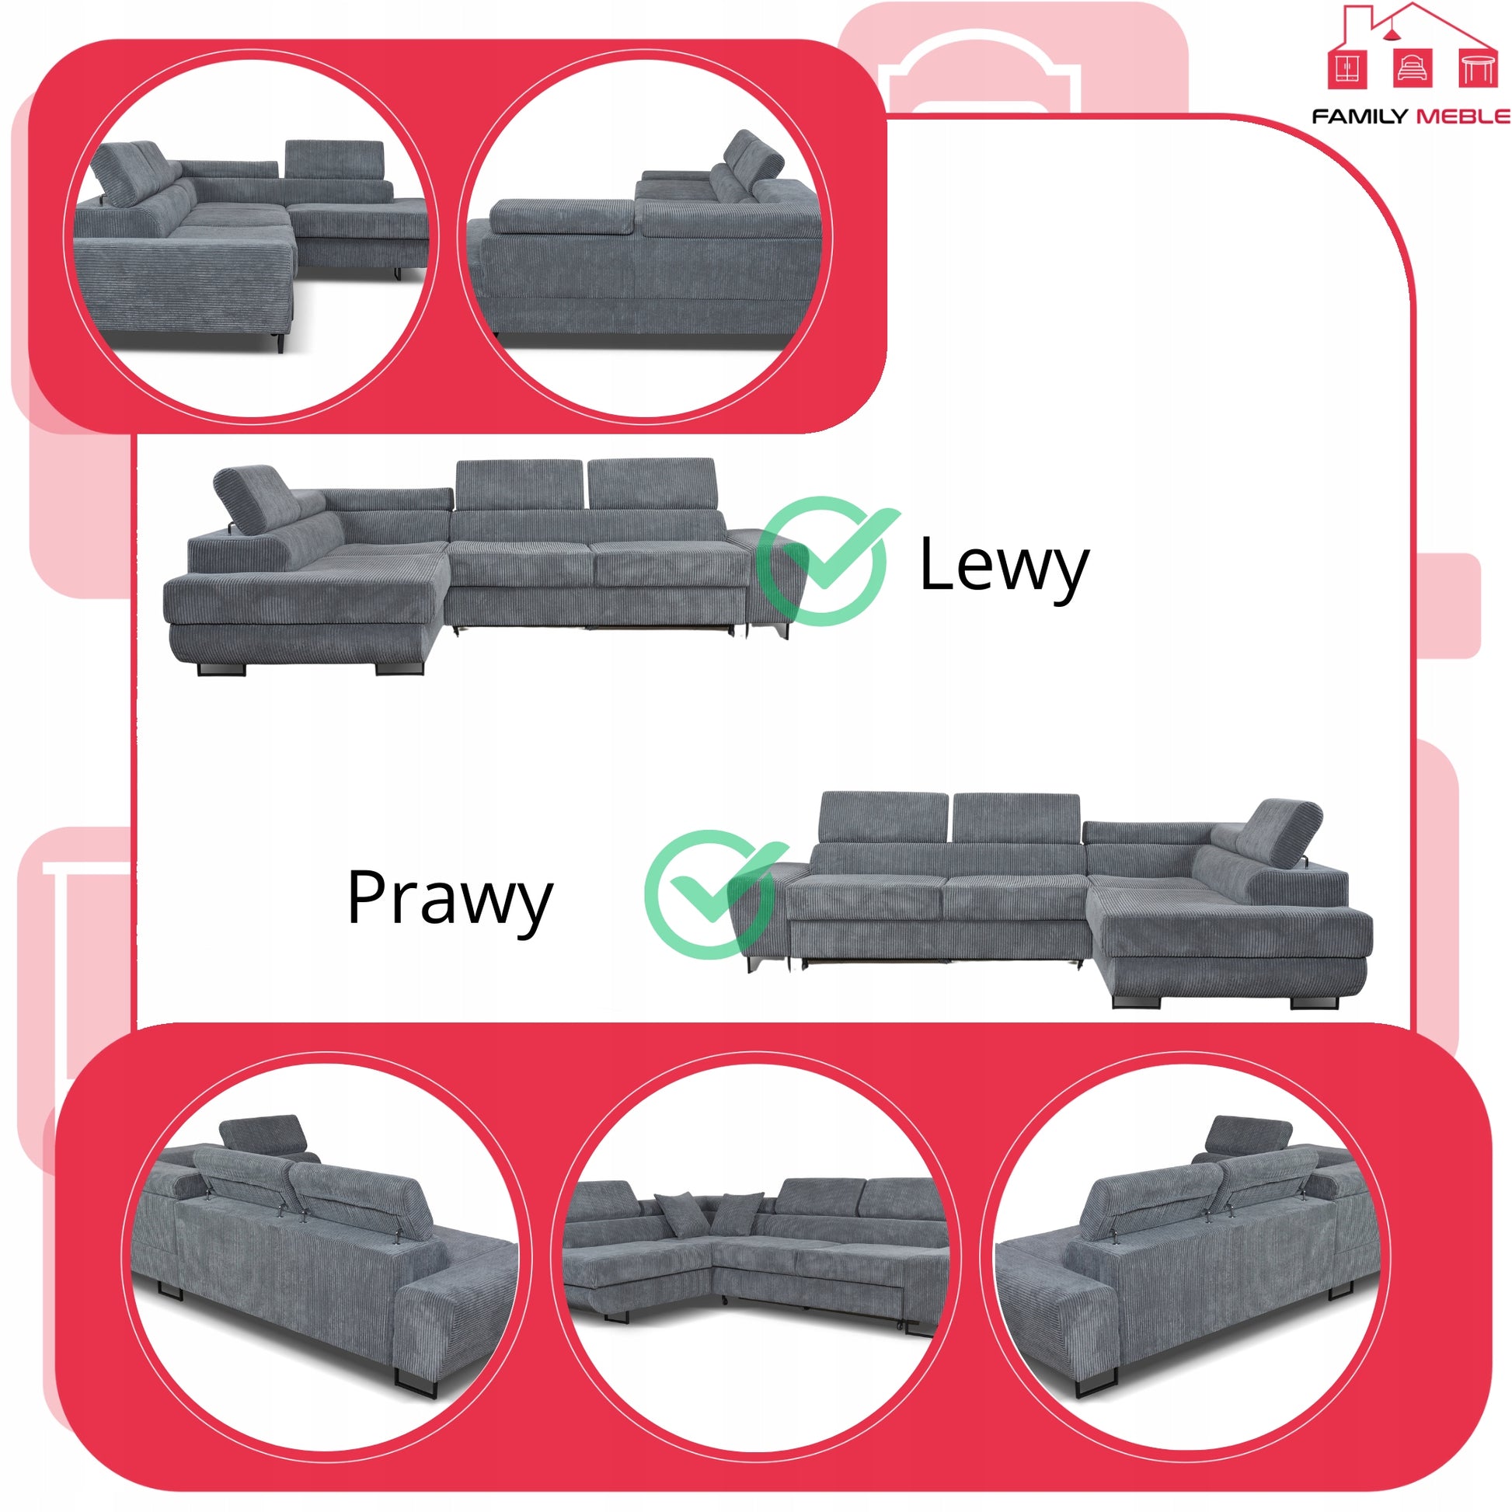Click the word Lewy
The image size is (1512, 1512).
1003,566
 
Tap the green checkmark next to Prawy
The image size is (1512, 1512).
712,894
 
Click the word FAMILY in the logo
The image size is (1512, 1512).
1359,117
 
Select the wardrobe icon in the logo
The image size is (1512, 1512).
1347,68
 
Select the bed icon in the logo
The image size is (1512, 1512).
1413,68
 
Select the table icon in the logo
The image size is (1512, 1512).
1479,68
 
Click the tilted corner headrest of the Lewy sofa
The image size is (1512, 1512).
251,499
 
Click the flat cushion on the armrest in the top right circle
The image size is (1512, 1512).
562,217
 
